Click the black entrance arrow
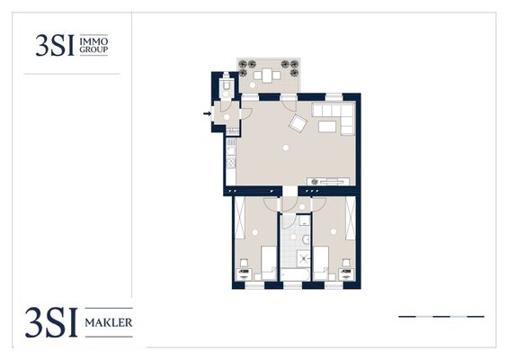coord(207,113)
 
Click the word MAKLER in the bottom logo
coord(109,323)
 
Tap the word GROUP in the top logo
coord(94,49)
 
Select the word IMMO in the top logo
coord(94,41)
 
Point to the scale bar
coord(441,316)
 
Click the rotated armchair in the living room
coord(299,123)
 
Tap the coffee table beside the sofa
coord(327,127)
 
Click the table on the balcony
coord(267,76)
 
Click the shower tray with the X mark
coord(305,258)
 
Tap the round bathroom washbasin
coord(306,240)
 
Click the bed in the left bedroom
coord(269,263)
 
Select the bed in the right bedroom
coord(321,263)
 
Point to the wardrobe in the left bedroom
coord(239,218)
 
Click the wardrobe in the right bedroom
coord(351,218)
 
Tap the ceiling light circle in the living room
coord(285,148)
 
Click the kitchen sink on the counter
coord(231,151)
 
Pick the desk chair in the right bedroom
coord(347,262)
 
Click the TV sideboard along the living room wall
coord(328,182)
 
